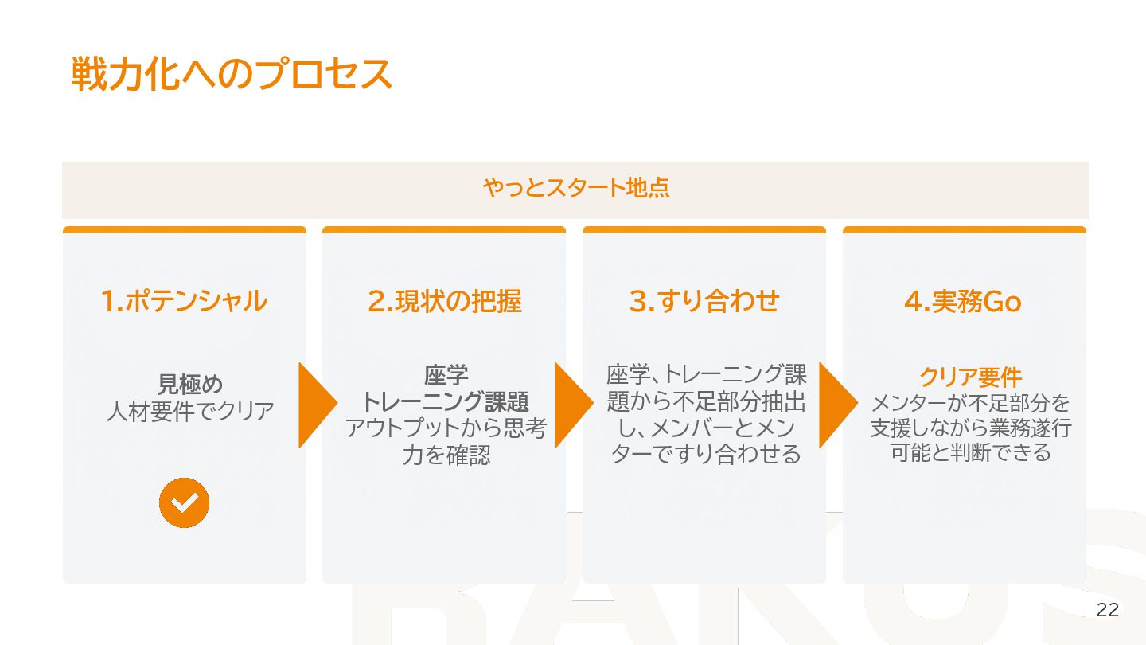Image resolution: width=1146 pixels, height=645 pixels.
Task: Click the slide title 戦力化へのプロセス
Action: click(x=232, y=74)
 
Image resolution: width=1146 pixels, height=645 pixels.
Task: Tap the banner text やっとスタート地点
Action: click(x=575, y=188)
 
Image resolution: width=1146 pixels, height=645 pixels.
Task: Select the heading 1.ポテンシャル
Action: click(x=184, y=301)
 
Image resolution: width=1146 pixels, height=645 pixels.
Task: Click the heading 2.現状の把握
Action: click(x=444, y=301)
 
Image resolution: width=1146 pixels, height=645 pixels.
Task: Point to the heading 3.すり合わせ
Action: click(x=704, y=301)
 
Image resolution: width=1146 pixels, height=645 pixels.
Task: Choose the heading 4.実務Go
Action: click(x=963, y=301)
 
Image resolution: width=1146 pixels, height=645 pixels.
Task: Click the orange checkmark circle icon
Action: click(x=184, y=502)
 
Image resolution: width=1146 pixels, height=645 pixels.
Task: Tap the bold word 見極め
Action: click(x=190, y=385)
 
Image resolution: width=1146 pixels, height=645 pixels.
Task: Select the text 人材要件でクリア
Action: click(x=190, y=412)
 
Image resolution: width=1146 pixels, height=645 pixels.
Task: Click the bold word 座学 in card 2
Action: click(x=446, y=374)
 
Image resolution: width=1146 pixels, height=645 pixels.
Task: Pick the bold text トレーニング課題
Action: click(x=446, y=401)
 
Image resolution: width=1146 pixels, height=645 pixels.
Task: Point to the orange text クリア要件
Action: click(x=970, y=377)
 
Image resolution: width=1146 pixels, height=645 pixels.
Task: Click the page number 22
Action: click(x=1107, y=611)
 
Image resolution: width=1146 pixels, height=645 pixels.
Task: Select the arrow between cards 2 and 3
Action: click(x=573, y=405)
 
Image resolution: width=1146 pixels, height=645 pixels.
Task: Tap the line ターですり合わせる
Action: click(x=706, y=455)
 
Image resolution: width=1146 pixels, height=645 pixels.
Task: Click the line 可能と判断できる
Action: click(x=970, y=453)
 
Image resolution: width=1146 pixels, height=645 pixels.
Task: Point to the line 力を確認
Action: click(x=446, y=455)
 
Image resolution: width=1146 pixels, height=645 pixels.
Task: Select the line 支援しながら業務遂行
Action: click(x=970, y=428)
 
